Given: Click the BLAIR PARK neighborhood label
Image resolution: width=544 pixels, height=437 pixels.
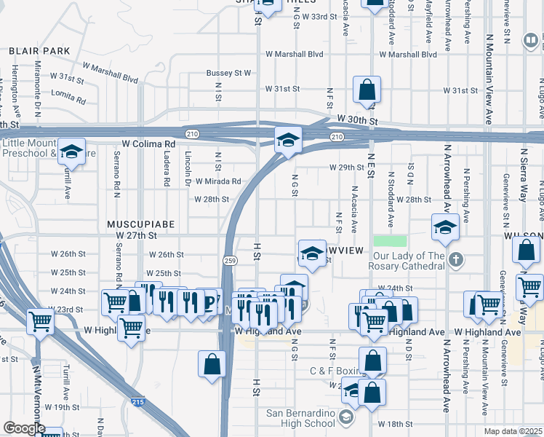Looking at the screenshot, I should click(39, 51).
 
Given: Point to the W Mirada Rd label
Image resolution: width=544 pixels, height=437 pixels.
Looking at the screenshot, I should click(218, 181).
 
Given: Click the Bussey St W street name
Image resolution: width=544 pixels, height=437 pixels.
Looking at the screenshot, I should click(228, 73).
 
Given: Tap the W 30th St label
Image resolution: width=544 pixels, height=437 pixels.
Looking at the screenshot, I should click(353, 119).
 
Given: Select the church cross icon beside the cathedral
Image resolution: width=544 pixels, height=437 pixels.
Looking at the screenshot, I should click(455, 260).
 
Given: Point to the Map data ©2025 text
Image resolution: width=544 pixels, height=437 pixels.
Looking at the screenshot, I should click(513, 431).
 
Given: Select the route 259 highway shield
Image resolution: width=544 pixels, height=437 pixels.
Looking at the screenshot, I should click(230, 261).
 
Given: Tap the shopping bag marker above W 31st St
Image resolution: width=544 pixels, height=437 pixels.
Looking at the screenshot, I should click(367, 90).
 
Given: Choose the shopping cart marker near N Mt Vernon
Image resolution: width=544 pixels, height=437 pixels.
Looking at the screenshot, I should click(40, 321).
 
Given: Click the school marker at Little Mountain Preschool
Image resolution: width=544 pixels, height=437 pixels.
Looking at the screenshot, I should click(72, 151).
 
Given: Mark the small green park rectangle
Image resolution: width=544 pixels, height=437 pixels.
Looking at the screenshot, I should click(390, 242).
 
